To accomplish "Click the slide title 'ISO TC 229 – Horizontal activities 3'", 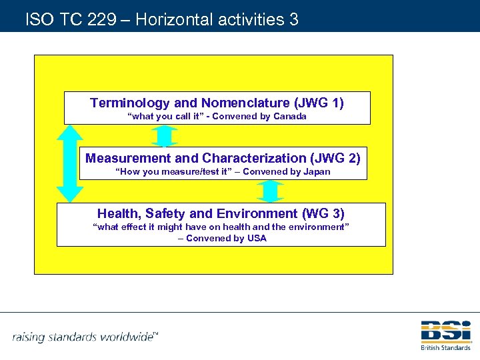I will click(x=161, y=19).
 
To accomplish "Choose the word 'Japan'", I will click(x=315, y=172).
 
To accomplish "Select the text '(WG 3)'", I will click(x=323, y=213).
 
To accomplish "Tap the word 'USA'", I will click(x=256, y=238).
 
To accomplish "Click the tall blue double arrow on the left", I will click(x=70, y=163).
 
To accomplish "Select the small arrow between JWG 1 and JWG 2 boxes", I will click(x=164, y=136).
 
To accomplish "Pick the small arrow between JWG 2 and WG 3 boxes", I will click(x=271, y=191).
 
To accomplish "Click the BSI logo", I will click(x=445, y=332).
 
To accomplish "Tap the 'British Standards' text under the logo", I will click(x=445, y=347).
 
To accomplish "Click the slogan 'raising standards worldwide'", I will click(x=83, y=336).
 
